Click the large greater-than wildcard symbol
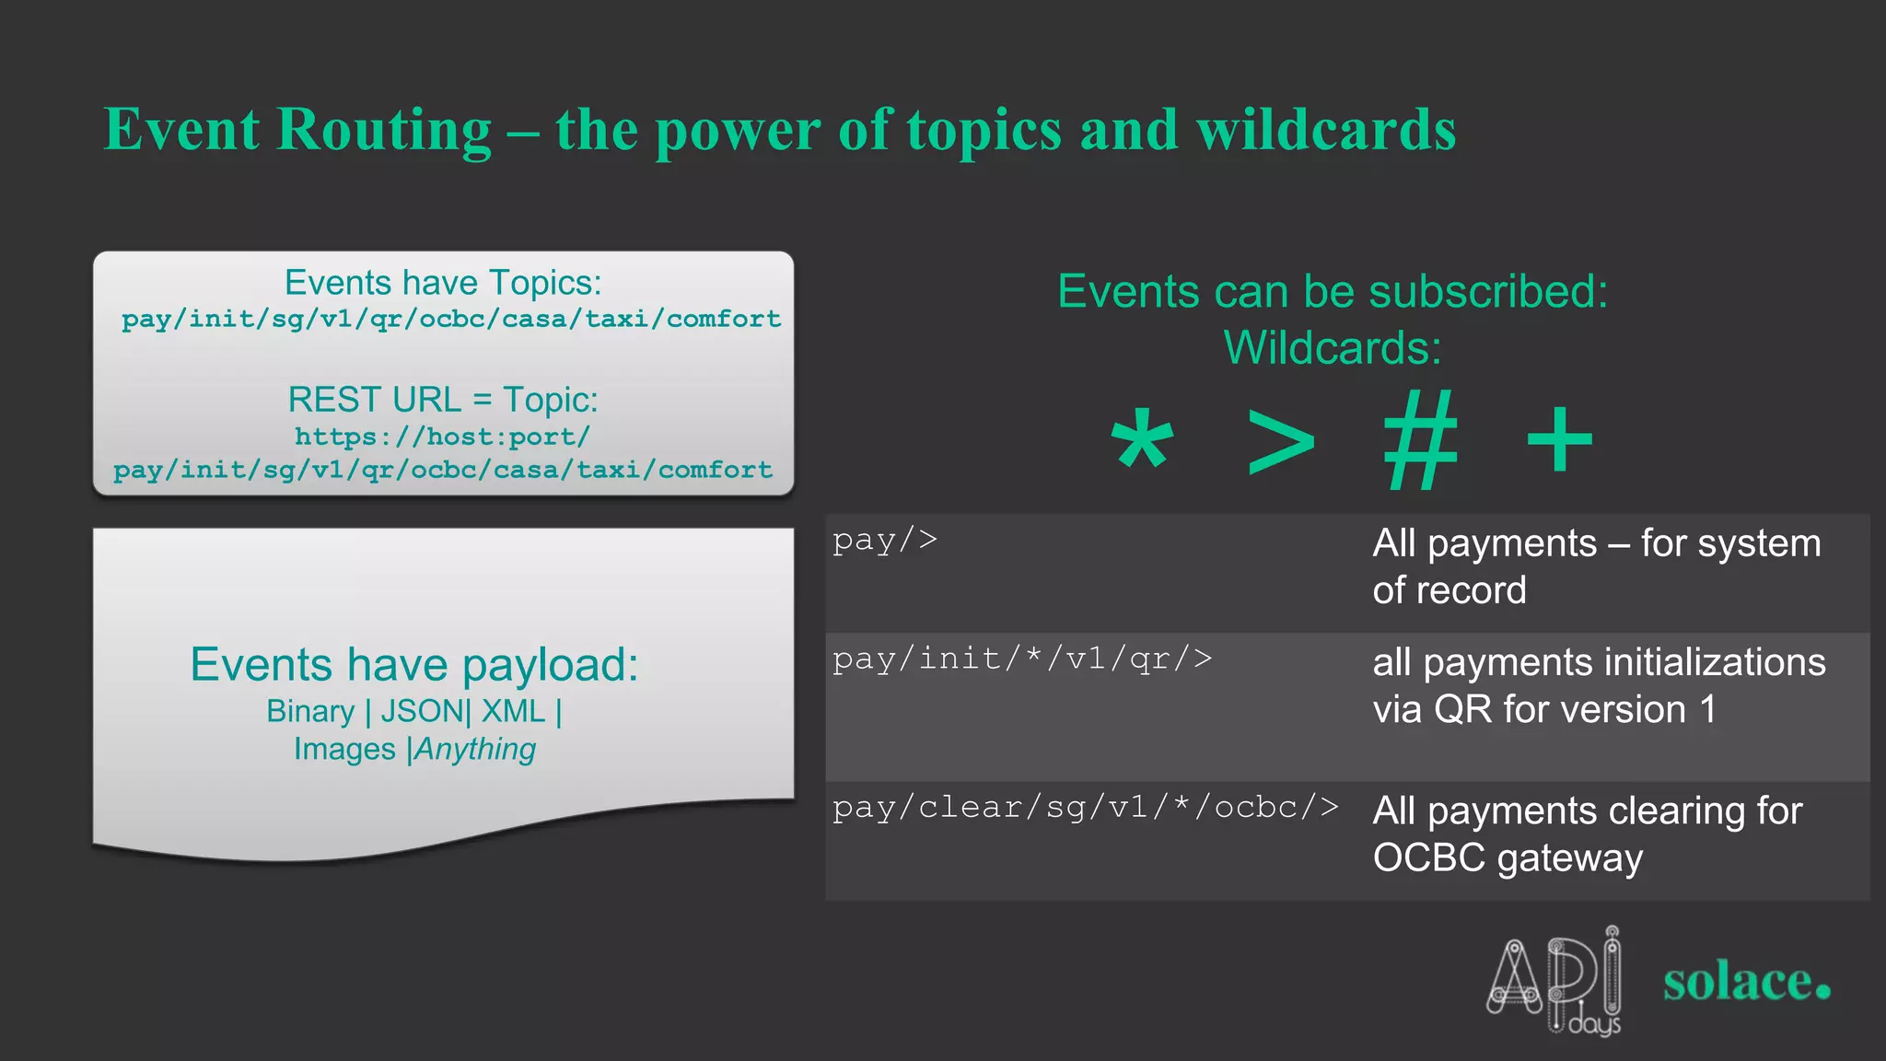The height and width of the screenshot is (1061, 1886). pos(1280,442)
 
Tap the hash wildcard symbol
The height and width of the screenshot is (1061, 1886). pos(1421,440)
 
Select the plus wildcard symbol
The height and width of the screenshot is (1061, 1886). pos(1559,440)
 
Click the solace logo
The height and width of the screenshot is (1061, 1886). pos(1746,982)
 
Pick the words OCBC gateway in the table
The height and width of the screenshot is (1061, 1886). pos(1508,857)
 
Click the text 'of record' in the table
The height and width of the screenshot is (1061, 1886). pos(1449,590)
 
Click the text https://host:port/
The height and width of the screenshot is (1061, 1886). pos(442,437)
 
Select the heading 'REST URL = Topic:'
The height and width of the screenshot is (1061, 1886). pos(443,400)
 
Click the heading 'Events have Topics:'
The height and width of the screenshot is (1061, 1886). pos(443,283)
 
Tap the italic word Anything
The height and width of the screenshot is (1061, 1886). pos(475,749)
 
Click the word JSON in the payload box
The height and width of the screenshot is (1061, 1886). pos(423,711)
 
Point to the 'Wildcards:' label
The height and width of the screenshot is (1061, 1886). pos(1333,348)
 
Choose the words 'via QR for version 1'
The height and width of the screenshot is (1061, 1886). pos(1544,710)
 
